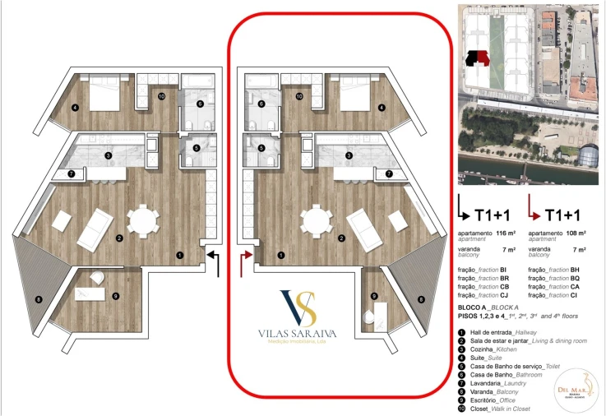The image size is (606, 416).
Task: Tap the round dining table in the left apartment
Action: [x=146, y=221]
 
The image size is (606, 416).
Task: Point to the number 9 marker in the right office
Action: [x=374, y=296]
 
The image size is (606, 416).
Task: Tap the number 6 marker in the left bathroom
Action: [x=199, y=104]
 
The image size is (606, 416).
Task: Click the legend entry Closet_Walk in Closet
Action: [x=496, y=409]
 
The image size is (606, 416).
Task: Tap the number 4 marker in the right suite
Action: [x=382, y=108]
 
